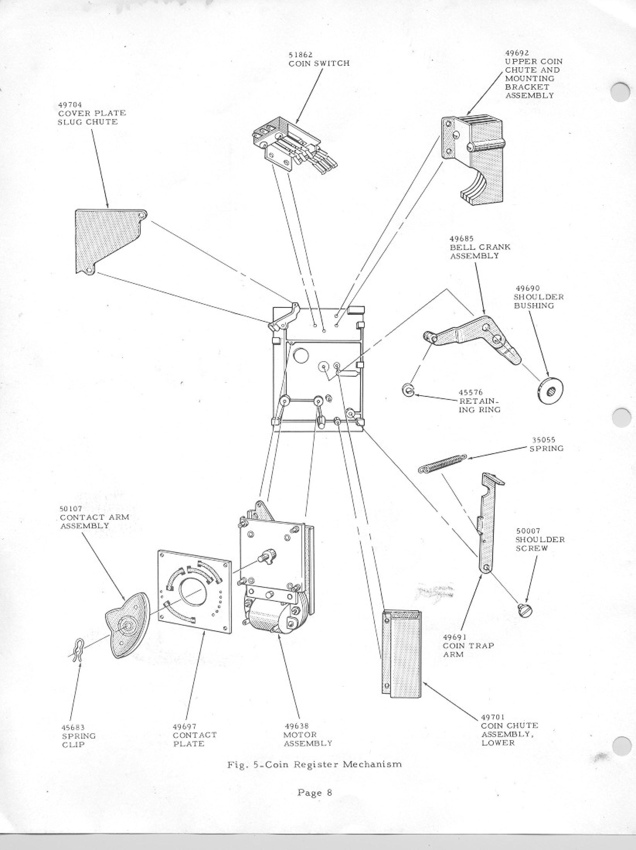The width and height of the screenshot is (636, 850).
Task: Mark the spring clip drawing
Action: pyautogui.click(x=77, y=659)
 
